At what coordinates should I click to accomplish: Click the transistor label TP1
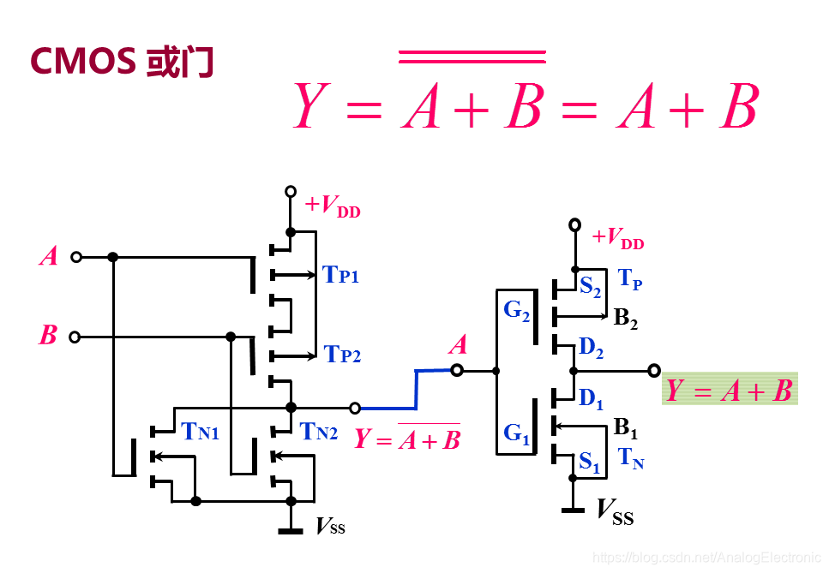[x=340, y=275]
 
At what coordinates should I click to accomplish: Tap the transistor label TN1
[x=201, y=433]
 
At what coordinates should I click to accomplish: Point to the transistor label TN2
[x=319, y=433]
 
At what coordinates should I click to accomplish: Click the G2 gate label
[x=517, y=310]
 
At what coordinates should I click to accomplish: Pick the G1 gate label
[x=516, y=433]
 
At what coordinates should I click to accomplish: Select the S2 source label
[x=590, y=286]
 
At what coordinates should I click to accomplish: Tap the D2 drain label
[x=591, y=347]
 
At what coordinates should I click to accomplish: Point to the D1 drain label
[x=591, y=397]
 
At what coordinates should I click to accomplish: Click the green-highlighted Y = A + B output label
[x=730, y=391]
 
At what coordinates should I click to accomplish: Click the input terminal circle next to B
[x=75, y=337]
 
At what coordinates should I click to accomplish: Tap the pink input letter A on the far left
[x=49, y=256]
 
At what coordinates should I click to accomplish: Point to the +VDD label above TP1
[x=333, y=206]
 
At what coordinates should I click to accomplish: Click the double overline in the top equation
[x=472, y=57]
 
